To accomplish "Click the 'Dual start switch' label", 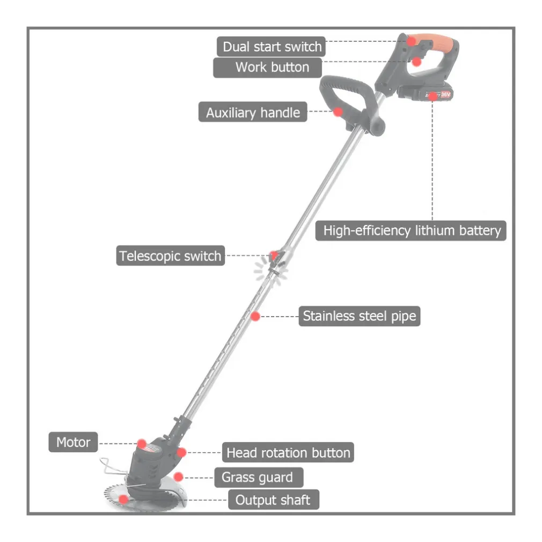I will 272,47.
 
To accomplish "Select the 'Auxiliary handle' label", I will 253,113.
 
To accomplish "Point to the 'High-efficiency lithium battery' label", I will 411,231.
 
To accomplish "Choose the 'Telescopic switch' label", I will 170,256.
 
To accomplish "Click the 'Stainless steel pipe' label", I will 359,316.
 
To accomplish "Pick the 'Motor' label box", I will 74,443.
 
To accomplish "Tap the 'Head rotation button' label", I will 288,453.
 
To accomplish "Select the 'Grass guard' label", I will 258,477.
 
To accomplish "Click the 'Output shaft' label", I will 273,500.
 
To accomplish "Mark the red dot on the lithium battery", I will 433,96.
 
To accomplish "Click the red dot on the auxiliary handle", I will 338,112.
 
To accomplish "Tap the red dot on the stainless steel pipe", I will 255,316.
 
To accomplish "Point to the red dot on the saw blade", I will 123,499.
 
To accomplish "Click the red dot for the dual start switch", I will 412,40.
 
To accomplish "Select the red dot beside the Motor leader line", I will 142,443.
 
